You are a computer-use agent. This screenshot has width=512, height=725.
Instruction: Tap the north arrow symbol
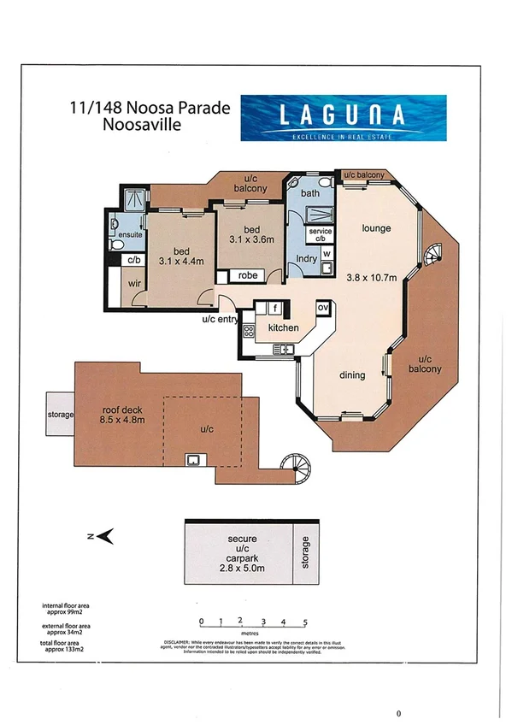point(106,536)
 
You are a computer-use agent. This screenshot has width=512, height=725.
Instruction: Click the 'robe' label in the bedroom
point(248,276)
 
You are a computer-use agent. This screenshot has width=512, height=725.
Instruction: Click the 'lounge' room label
point(375,228)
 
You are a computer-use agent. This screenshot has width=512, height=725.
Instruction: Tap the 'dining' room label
point(351,374)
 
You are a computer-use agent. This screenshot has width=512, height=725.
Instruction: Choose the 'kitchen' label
point(282,328)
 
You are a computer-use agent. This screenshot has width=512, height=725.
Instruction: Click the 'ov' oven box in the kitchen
point(323,306)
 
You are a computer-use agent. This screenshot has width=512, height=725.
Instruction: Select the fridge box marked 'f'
point(275,306)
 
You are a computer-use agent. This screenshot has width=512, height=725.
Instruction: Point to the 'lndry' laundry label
point(306,256)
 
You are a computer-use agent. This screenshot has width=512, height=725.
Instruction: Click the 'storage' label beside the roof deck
point(60,416)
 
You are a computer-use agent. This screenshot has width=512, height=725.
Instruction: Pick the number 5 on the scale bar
point(305,622)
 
